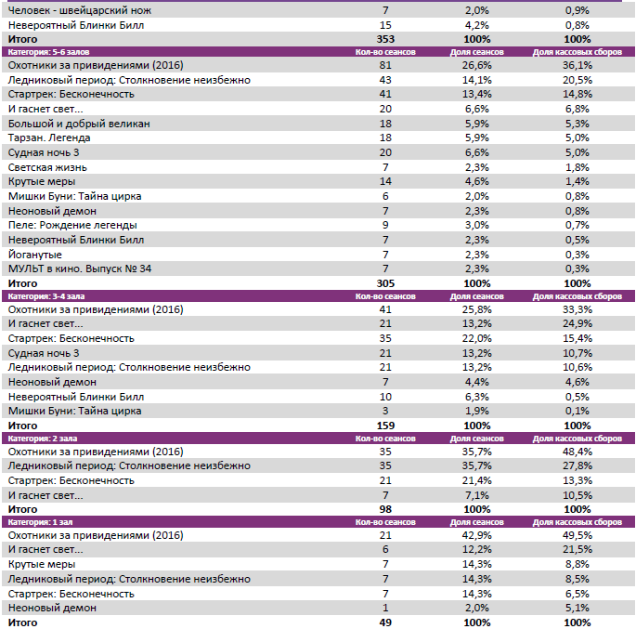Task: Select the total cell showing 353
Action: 384,40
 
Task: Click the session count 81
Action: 384,66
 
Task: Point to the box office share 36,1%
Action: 577,66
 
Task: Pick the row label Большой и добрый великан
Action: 78,124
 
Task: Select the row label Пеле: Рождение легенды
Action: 72,225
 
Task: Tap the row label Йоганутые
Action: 34,254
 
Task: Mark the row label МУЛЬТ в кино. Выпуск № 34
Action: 79,269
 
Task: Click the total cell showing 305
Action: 384,282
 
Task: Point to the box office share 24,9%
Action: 577,323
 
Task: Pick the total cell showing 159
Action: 384,425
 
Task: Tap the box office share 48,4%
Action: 577,452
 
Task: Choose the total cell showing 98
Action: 384,509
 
